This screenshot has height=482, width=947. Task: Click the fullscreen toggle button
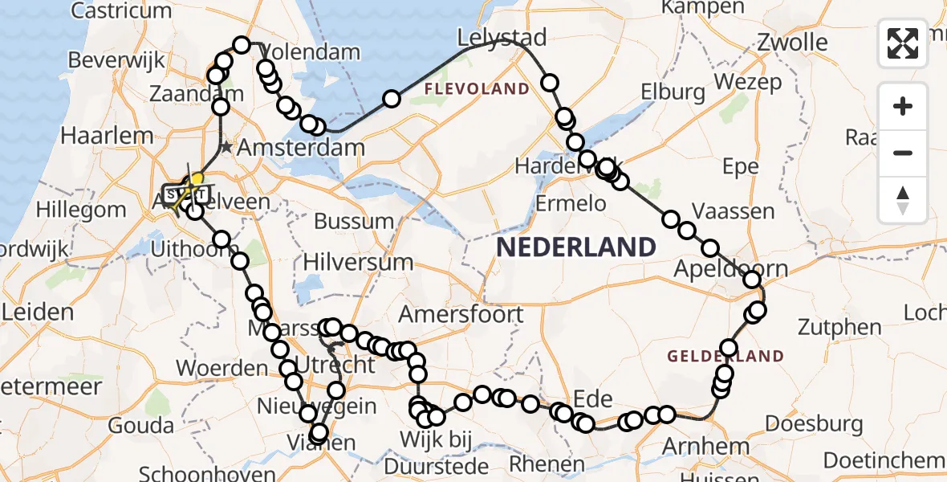pos(903,43)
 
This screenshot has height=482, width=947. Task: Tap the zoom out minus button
pos(903,153)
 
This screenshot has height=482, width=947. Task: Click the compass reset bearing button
pos(903,199)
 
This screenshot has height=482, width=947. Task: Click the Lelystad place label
pos(502,38)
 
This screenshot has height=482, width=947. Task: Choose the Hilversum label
pos(358,262)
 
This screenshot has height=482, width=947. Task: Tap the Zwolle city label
pos(793,42)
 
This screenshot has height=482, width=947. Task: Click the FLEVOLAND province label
pos(477,88)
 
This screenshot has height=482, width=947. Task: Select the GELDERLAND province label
pos(726,356)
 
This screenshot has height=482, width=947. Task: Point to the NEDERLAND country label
pos(575,247)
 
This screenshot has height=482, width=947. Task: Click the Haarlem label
pos(107,135)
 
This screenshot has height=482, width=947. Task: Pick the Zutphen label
pos(839,327)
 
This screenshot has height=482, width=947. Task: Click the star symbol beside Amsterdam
pos(227,148)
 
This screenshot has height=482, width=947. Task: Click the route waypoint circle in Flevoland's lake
pos(391,99)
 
